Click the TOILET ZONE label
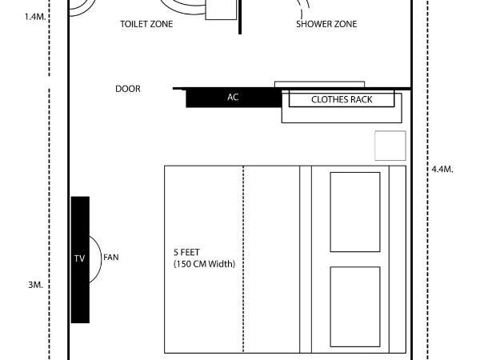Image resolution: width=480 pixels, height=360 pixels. pyautogui.click(x=146, y=24)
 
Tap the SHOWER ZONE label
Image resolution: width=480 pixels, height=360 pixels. pyautogui.click(x=326, y=24)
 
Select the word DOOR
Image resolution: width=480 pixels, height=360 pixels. pyautogui.click(x=128, y=89)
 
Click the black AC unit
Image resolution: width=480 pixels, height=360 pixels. pyautogui.click(x=233, y=98)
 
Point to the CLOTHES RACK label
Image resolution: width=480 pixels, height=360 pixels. pyautogui.click(x=342, y=100)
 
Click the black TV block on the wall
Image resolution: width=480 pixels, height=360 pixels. pyautogui.click(x=79, y=259)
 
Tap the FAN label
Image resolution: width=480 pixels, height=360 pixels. pyautogui.click(x=111, y=258)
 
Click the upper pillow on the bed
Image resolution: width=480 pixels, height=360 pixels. pyautogui.click(x=355, y=211)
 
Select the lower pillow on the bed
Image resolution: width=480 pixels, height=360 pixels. pyautogui.click(x=355, y=306)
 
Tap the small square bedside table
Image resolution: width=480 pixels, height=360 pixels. pyautogui.click(x=390, y=146)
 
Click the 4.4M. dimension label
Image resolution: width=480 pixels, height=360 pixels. pyautogui.click(x=442, y=170)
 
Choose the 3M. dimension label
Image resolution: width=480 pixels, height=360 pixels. pyautogui.click(x=34, y=286)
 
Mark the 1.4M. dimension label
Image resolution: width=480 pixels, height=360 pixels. pyautogui.click(x=35, y=16)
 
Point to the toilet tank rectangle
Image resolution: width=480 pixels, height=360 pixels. pyautogui.click(x=222, y=10)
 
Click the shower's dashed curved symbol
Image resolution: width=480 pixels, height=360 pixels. pyautogui.click(x=303, y=10)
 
